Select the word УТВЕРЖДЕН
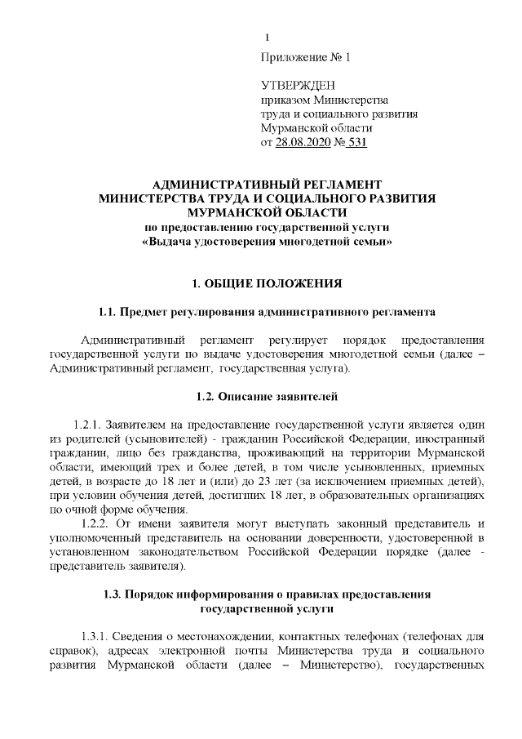tap(298, 86)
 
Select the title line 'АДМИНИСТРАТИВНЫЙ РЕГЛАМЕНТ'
tap(267, 185)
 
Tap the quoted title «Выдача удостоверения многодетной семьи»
tap(267, 242)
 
